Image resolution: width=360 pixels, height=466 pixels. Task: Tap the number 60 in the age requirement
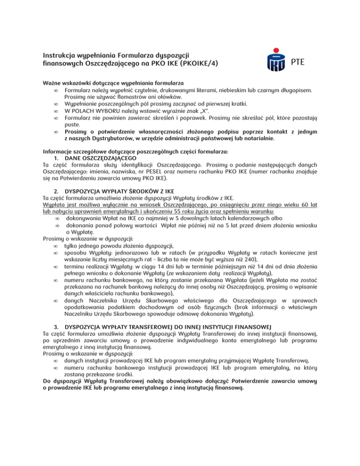[x=295, y=206]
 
